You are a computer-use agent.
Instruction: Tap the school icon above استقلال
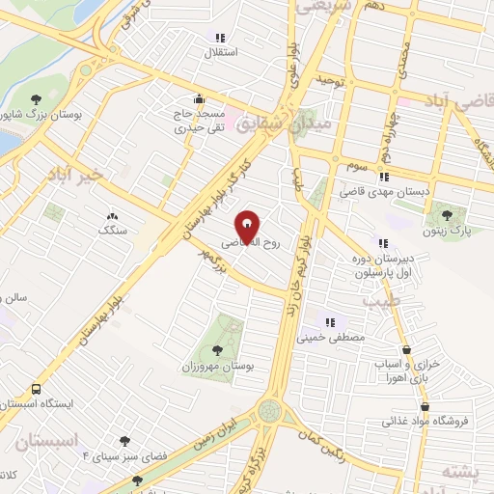(x=220, y=38)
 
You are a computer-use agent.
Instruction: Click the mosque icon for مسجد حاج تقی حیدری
(x=199, y=97)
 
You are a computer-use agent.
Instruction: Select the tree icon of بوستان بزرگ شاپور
(x=36, y=99)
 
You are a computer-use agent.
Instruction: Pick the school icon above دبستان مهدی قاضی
(x=383, y=177)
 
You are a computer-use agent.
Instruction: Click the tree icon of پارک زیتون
(x=447, y=215)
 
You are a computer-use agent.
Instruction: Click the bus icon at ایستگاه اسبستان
(x=36, y=389)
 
